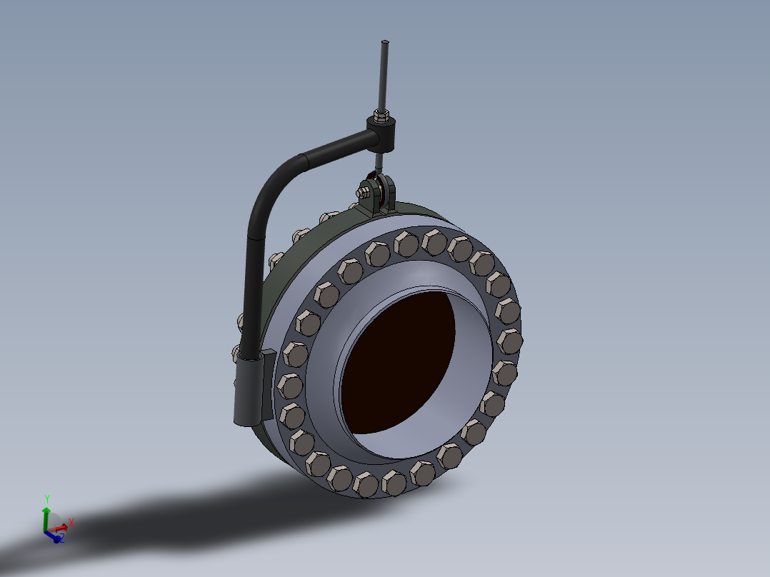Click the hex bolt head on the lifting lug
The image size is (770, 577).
(x=364, y=191)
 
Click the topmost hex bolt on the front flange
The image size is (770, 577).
(x=434, y=241)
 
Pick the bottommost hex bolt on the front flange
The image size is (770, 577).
(x=365, y=485)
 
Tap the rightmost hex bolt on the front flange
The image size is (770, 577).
(x=508, y=341)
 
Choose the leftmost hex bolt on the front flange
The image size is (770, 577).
(x=289, y=386)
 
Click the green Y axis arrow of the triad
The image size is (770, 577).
(x=46, y=516)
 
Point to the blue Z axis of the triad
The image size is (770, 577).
(x=55, y=537)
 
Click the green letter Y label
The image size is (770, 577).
(x=46, y=498)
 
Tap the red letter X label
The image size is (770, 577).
(x=71, y=523)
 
